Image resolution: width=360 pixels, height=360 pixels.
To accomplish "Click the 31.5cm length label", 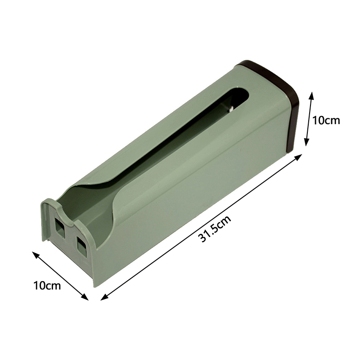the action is [x=215, y=229].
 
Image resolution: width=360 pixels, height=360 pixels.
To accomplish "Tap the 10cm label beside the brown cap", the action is [x=326, y=120].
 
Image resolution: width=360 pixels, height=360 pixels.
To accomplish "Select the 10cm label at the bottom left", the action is [x=47, y=285].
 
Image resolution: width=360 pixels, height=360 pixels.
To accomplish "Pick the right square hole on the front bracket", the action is [x=81, y=247].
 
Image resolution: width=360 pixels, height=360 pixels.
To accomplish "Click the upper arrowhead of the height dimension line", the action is [x=311, y=95].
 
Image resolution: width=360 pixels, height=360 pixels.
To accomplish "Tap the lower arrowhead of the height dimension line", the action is [x=306, y=142].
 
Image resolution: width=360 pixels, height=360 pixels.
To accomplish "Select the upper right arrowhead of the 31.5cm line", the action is [x=298, y=157].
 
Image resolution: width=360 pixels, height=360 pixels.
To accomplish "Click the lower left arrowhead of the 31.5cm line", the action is [x=104, y=297].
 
